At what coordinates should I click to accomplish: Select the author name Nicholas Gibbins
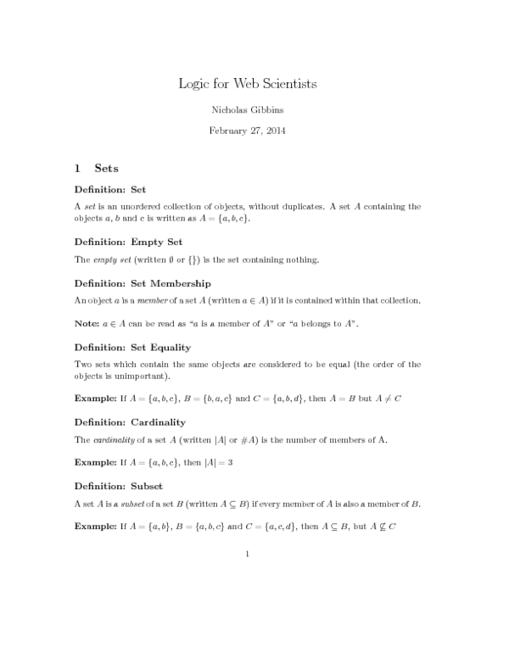tap(247, 110)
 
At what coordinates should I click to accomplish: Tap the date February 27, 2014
tap(247, 131)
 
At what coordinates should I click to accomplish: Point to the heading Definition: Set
tap(110, 189)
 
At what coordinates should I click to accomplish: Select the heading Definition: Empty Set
tap(128, 242)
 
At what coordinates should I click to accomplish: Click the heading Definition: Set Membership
tap(143, 282)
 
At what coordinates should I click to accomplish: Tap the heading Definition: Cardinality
tap(130, 421)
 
